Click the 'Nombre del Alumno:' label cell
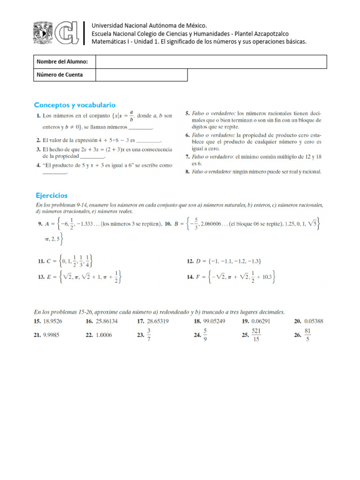(x=64, y=62)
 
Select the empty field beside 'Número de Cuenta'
(x=141, y=75)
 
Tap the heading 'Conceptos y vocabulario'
(x=75, y=105)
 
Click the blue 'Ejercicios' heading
(x=52, y=195)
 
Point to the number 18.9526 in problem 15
(x=55, y=322)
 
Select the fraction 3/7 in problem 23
(x=149, y=335)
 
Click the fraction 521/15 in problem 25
(x=256, y=335)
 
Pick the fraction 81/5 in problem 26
(x=307, y=335)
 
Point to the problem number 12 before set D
(x=190, y=261)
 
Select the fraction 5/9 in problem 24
(x=205, y=335)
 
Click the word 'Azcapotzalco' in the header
(x=269, y=33)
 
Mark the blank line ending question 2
(x=150, y=140)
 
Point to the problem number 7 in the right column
(x=187, y=157)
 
